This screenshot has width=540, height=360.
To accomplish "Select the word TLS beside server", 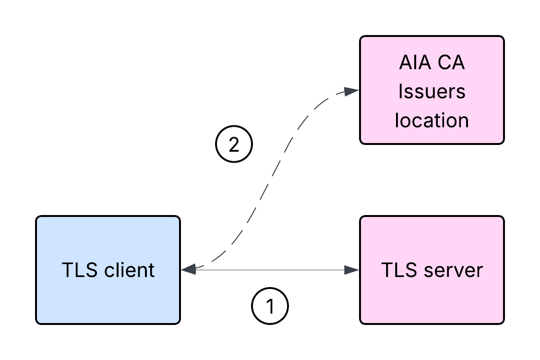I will click(399, 270).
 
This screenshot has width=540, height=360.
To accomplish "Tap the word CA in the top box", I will click(451, 63).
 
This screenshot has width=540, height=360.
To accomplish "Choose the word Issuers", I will click(432, 91).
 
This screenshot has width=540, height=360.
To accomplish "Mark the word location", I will click(432, 120).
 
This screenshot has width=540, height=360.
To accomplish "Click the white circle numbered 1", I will click(270, 306).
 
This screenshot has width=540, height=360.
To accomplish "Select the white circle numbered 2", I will click(234, 144).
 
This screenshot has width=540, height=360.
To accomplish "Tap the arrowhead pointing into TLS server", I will click(353, 270).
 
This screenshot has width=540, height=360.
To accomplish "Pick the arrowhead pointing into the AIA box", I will click(352, 91).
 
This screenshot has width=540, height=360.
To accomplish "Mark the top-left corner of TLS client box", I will click(38, 218).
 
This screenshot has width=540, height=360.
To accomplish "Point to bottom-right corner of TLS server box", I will click(502, 322).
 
